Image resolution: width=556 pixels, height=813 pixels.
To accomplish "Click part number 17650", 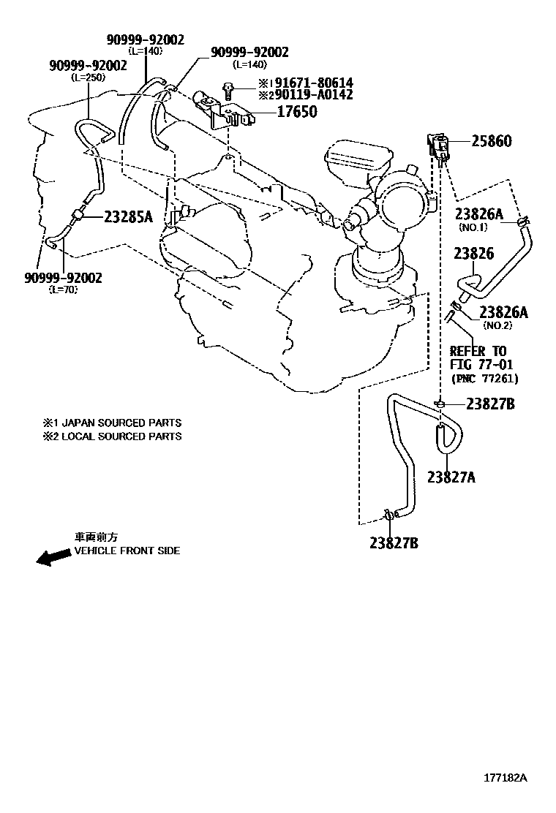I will pos(297,112).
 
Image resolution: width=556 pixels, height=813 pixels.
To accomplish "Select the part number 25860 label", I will pos(491,141).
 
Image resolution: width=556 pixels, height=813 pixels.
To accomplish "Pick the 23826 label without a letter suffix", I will pos(473,254).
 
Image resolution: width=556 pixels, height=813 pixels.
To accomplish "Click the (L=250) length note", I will pos(88,77).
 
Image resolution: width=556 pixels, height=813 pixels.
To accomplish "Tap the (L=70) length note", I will pos(63,290).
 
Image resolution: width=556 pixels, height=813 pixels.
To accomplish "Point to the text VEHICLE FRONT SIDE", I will pos(127,551).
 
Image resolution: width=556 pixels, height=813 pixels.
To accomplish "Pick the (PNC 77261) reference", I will pos(484,378).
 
